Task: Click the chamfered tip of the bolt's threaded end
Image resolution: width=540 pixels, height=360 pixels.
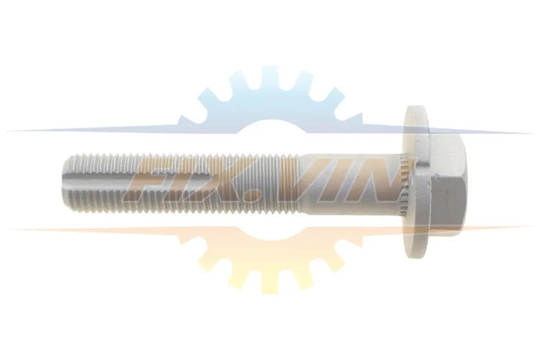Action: pyautogui.click(x=66, y=183)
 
